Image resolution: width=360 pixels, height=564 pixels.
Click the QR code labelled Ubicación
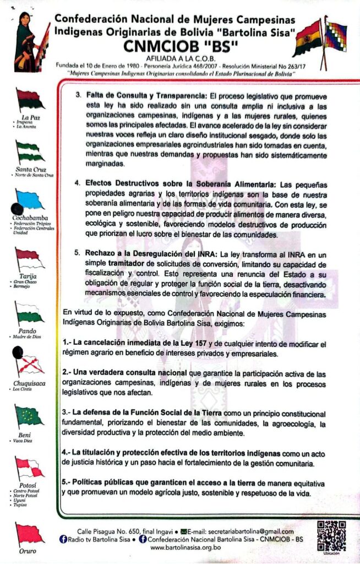click(x=332, y=534)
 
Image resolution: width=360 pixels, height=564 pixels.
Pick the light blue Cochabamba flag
click(x=30, y=199)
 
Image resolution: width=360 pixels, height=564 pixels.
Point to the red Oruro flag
click(x=29, y=533)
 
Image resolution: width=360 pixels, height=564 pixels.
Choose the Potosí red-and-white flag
click(x=29, y=468)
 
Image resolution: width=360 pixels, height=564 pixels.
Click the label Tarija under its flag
click(x=28, y=275)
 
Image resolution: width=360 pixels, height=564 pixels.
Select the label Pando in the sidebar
click(x=28, y=331)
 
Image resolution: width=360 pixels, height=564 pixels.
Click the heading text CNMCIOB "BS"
click(x=175, y=44)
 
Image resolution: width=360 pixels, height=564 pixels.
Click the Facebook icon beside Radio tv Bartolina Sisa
click(x=63, y=539)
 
